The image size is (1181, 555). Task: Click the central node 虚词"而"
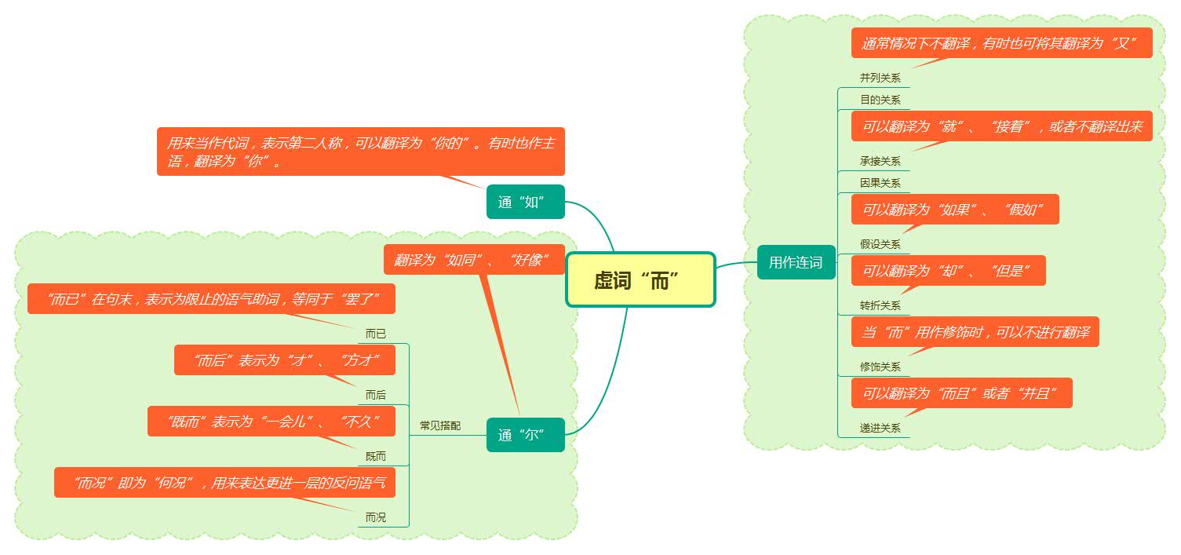tap(640, 279)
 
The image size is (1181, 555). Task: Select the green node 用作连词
tap(796, 262)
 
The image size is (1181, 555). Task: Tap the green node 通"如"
tap(525, 202)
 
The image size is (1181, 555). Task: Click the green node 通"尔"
tap(525, 435)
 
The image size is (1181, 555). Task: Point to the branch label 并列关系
tap(880, 79)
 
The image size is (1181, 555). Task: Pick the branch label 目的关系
tap(880, 100)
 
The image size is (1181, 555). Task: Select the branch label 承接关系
tap(880, 162)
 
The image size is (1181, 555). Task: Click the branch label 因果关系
tap(880, 184)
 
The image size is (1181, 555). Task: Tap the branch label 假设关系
tap(880, 245)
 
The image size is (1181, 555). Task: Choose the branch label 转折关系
tap(880, 306)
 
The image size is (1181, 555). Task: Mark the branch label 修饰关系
tap(880, 367)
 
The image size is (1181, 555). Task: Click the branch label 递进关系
tap(880, 429)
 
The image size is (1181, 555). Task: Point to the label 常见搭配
tap(440, 426)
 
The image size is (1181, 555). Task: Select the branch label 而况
tap(376, 518)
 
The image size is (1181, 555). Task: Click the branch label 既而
tap(376, 457)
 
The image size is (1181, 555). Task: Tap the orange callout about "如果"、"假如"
tap(955, 210)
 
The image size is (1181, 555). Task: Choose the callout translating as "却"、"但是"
tap(948, 271)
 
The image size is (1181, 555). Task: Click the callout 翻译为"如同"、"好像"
tap(474, 260)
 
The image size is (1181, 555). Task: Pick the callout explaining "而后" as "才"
tap(285, 360)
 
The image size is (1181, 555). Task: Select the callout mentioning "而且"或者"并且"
tap(961, 393)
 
